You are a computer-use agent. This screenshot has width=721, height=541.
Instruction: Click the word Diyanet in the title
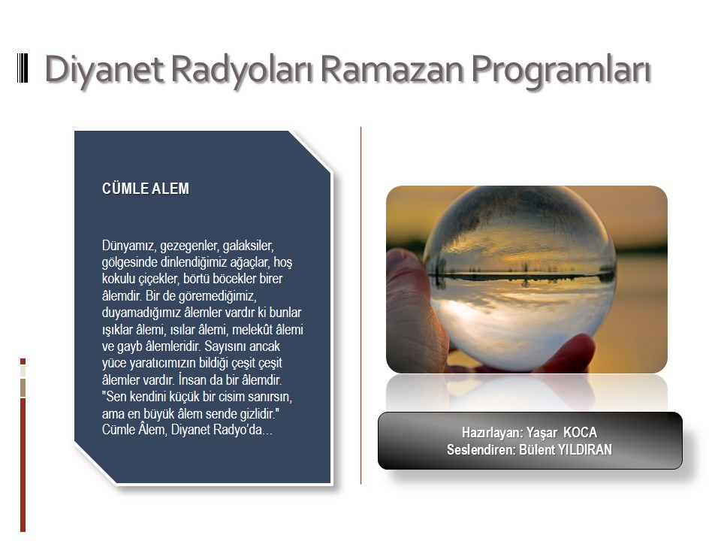[x=104, y=69]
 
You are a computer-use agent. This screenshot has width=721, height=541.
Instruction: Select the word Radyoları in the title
[x=243, y=69]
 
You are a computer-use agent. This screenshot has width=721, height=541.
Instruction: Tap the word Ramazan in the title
[x=392, y=68]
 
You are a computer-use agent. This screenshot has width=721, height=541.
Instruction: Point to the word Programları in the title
[x=561, y=69]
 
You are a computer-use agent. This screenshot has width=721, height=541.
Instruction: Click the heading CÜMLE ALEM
[x=145, y=189]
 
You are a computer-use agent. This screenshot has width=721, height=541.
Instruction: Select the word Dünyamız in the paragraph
[x=128, y=246]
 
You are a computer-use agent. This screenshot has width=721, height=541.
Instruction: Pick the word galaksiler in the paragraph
[x=249, y=246]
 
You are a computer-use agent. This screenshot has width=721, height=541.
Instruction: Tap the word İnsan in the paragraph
[x=192, y=380]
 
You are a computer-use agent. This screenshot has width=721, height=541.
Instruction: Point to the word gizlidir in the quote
[x=254, y=413]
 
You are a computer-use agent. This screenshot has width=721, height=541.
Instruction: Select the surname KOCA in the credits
[x=581, y=433]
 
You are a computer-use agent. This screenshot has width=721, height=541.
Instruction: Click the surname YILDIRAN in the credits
[x=585, y=449]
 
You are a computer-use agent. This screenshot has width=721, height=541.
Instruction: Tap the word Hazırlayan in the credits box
[x=492, y=433]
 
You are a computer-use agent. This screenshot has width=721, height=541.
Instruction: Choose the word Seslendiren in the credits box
[x=481, y=449]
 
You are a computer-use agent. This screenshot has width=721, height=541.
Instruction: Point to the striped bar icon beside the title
[x=23, y=68]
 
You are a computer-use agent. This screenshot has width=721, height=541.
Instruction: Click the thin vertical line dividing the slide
[x=361, y=306]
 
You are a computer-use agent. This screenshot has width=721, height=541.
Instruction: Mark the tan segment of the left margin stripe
[x=23, y=388]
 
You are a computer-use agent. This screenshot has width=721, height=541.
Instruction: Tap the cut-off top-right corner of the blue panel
[x=310, y=152]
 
